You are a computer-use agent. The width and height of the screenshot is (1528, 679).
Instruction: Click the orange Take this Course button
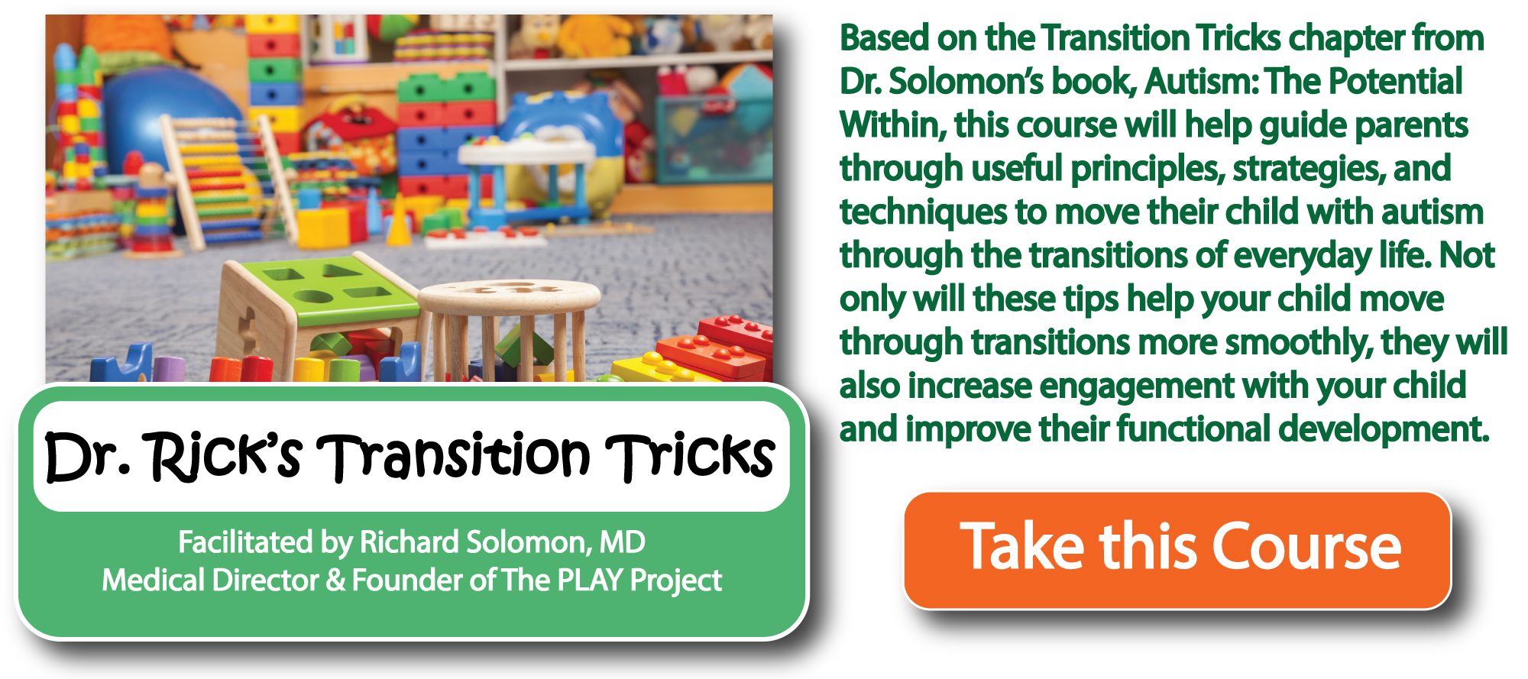[x=1177, y=550]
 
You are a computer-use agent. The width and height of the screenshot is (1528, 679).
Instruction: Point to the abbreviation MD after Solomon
[x=622, y=542]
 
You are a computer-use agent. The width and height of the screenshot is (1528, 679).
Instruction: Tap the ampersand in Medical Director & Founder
[x=335, y=580]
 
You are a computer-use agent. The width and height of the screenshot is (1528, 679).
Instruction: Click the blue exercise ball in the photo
[x=172, y=130]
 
